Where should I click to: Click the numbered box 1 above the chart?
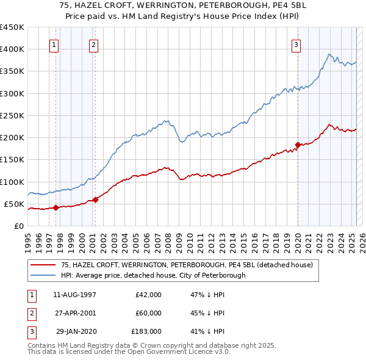(54, 45)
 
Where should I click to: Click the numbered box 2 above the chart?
(93, 45)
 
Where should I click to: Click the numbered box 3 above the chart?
(296, 45)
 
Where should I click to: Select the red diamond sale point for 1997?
(56, 207)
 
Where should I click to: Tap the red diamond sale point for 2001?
(96, 200)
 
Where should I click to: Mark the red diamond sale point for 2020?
(298, 145)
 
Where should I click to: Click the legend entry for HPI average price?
(153, 275)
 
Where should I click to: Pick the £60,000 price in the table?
(149, 313)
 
